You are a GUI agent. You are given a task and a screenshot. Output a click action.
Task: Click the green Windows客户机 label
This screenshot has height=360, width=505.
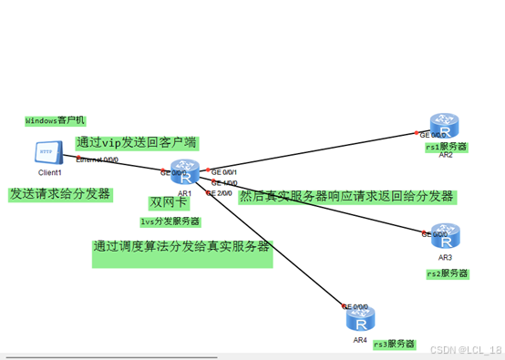click(x=55, y=120)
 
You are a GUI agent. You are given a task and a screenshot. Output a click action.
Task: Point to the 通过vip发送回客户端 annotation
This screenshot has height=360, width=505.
click(x=137, y=143)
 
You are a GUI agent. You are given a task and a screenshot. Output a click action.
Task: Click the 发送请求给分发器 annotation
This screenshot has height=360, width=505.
click(x=60, y=194)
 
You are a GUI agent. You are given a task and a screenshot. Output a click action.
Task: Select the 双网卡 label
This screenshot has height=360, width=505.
click(x=168, y=202)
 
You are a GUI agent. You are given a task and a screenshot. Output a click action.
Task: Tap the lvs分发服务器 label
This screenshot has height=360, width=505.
click(x=170, y=221)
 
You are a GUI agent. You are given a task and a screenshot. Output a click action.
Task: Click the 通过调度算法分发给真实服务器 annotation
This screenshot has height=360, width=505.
click(x=181, y=247)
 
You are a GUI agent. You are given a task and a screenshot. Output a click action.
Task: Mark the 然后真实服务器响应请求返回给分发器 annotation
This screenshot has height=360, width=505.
click(x=346, y=196)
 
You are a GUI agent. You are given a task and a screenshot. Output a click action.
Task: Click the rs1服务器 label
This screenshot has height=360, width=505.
click(x=446, y=147)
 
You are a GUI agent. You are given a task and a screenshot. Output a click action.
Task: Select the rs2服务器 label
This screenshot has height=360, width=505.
click(x=448, y=273)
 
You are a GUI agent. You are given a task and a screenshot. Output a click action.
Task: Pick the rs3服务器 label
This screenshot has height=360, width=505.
click(x=394, y=344)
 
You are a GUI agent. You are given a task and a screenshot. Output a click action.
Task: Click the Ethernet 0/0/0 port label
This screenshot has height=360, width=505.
click(x=97, y=159)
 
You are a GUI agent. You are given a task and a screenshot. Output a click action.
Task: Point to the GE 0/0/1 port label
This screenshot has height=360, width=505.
click(x=224, y=172)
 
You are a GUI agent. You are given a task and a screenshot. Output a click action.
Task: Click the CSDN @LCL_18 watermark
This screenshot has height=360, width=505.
click(x=464, y=350)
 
